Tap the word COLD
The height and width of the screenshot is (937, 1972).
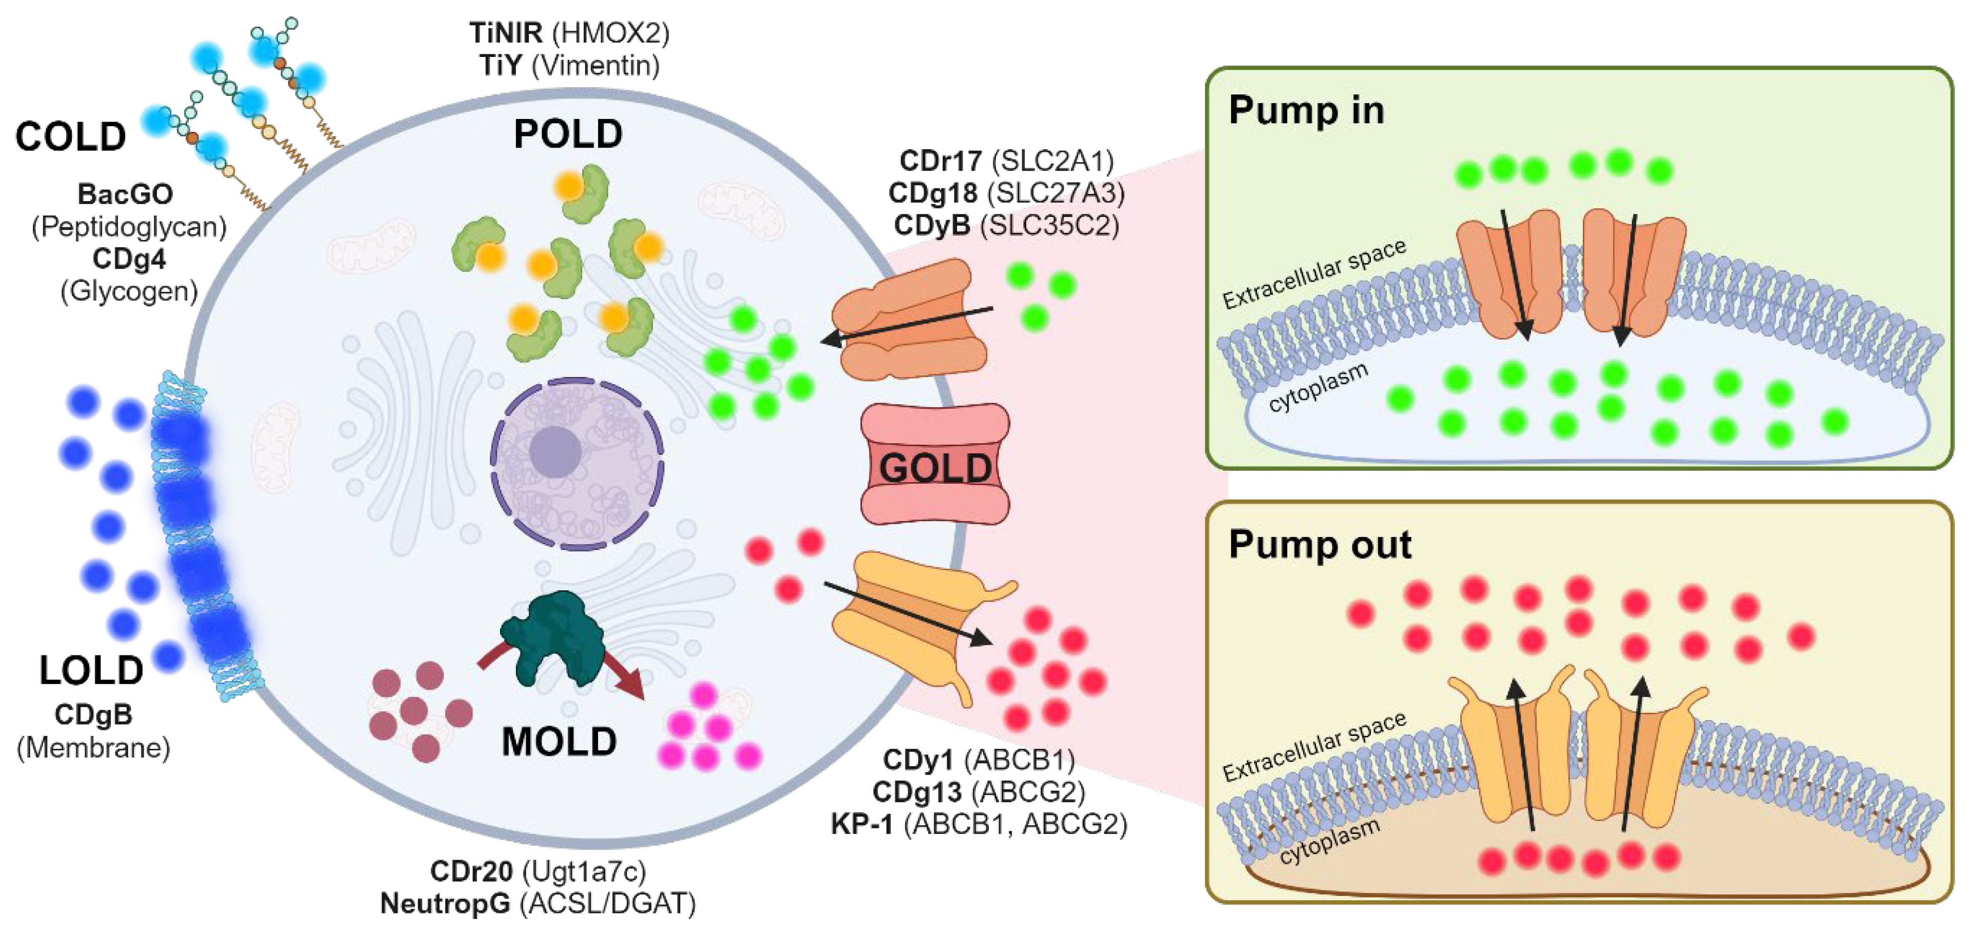point(70,137)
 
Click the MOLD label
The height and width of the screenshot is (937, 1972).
point(559,741)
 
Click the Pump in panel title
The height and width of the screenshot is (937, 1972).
point(1306,110)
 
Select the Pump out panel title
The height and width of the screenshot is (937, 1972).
point(1319,545)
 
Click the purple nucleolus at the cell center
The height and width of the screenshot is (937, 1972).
point(555,452)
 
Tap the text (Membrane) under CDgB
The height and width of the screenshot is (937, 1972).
point(93,747)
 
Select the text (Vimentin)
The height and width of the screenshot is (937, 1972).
point(595,65)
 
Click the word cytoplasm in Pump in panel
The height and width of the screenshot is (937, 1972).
point(1318,387)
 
